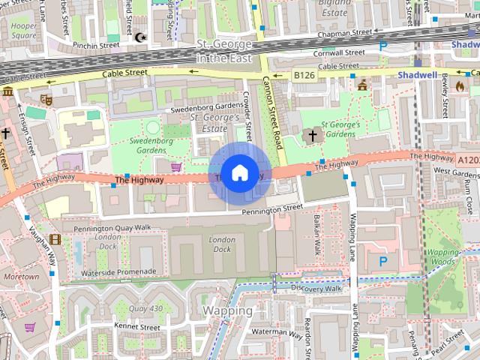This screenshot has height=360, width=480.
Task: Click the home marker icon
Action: tap(238, 173)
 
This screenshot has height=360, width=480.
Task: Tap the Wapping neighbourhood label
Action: tap(227, 310)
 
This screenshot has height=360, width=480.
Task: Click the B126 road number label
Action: tap(304, 76)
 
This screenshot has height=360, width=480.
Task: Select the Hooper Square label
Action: tap(23, 31)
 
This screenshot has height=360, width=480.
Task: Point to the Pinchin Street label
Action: tap(96, 46)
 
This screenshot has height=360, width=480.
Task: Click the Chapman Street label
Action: tap(344, 33)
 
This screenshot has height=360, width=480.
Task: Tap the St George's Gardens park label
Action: tap(340, 129)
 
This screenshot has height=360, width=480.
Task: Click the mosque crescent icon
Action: tap(140, 37)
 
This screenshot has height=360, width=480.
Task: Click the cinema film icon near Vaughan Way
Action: tap(55, 240)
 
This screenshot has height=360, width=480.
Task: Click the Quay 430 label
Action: tap(145, 308)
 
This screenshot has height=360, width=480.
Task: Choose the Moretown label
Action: tap(21, 277)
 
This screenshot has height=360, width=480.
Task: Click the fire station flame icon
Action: tap(460, 86)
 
